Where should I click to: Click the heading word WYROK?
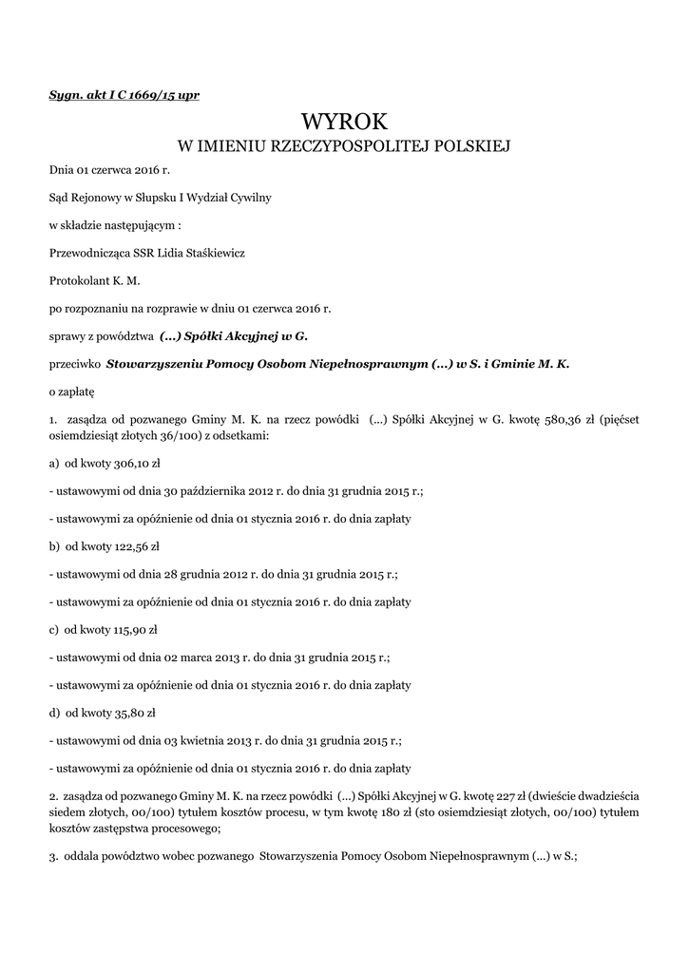pos(345,121)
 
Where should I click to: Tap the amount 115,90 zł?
pos(132,629)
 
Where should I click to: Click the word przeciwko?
pos(75,363)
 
